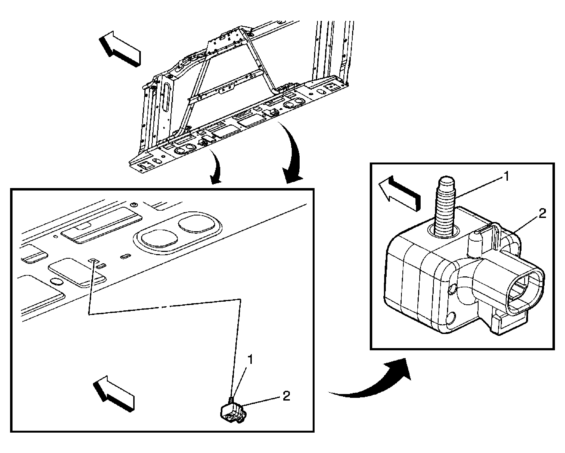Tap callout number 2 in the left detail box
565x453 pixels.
point(286,396)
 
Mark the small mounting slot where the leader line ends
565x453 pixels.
point(93,260)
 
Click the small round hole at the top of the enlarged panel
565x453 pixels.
point(133,204)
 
